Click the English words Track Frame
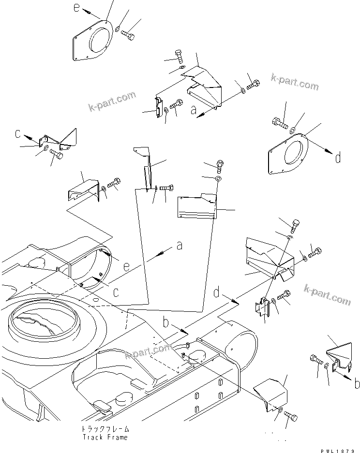pos(105,438)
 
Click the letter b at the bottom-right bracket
pos(357,384)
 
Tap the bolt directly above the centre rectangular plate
pos(220,166)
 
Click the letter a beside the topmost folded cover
pos(193,112)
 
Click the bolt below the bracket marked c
pos(56,154)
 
